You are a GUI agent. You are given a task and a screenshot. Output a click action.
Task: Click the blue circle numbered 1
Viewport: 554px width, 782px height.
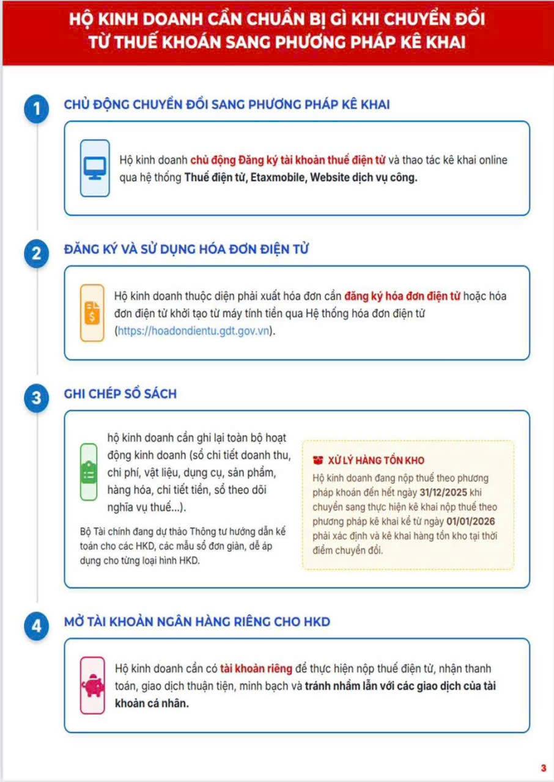(36, 109)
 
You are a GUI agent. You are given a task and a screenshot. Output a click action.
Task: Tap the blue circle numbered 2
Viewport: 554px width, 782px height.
(36, 254)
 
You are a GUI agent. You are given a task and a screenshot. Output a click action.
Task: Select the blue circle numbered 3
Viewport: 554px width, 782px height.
(36, 398)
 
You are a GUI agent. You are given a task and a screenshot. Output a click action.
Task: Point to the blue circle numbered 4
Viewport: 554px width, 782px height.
(36, 626)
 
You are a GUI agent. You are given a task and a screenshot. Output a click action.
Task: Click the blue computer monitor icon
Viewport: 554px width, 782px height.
(95, 168)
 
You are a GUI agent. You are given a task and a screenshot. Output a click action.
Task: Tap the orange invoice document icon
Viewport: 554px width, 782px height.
(92, 313)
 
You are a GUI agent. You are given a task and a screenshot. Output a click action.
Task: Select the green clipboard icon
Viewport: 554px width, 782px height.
(89, 472)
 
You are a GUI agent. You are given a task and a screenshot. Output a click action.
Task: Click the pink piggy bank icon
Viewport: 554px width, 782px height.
(92, 685)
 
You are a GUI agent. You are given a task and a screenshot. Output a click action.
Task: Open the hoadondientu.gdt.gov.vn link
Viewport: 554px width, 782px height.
(193, 331)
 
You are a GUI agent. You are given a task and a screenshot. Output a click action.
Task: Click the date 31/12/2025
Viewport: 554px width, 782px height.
(443, 492)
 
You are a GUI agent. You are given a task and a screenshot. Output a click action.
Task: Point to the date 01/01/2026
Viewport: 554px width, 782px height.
(470, 521)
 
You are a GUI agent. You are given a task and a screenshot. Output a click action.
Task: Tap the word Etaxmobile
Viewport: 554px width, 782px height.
(278, 177)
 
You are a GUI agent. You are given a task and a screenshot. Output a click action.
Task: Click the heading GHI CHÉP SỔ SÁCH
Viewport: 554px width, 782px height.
(120, 394)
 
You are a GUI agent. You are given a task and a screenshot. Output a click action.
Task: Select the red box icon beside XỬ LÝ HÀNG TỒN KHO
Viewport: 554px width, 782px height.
(318, 460)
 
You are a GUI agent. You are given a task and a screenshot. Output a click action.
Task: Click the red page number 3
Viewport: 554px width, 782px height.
(544, 768)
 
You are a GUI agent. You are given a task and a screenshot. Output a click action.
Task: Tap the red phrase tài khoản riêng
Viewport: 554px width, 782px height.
(256, 668)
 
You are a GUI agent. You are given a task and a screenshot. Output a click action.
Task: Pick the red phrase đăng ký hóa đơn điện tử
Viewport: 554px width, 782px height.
(402, 296)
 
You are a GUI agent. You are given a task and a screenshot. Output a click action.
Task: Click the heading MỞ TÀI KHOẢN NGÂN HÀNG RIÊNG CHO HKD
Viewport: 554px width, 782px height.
(197, 622)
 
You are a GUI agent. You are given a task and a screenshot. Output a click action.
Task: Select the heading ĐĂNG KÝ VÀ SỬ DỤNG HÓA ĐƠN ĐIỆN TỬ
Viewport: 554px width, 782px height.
(186, 249)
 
